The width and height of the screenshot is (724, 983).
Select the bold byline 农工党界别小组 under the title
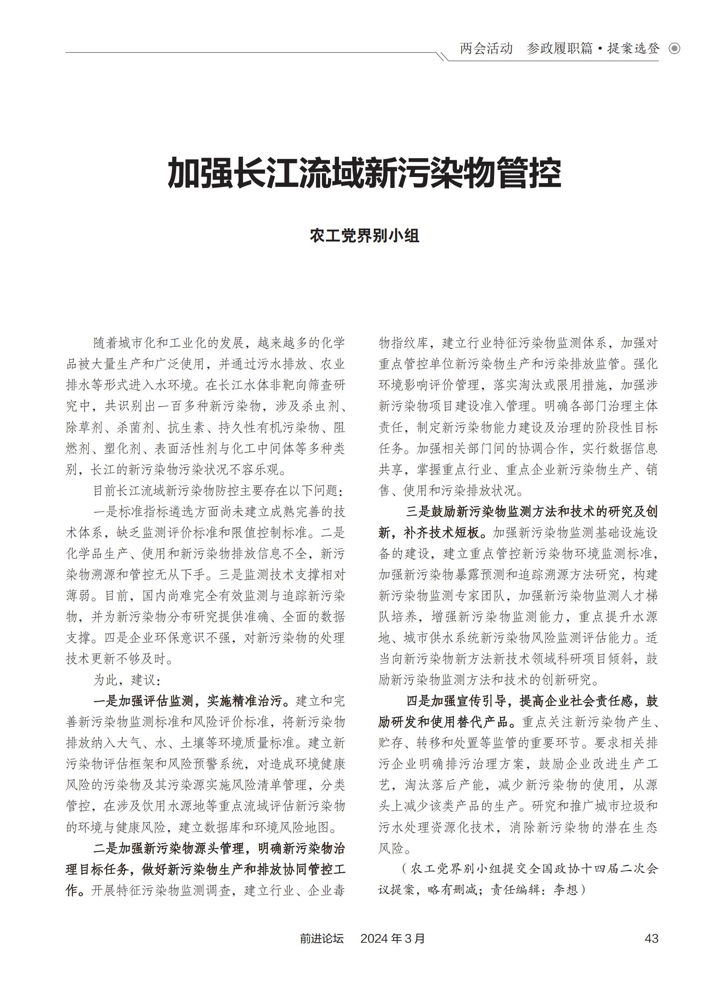[364, 236]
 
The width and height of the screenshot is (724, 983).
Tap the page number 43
[651, 938]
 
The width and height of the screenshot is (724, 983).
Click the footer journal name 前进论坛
[321, 938]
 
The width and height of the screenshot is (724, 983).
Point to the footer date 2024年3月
[392, 938]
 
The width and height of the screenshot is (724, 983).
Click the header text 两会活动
[486, 48]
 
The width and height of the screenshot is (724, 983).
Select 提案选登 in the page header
[633, 48]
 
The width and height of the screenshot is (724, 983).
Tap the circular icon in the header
[675, 49]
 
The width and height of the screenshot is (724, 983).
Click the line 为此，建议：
[127, 680]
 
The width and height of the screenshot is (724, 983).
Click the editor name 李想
[566, 890]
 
